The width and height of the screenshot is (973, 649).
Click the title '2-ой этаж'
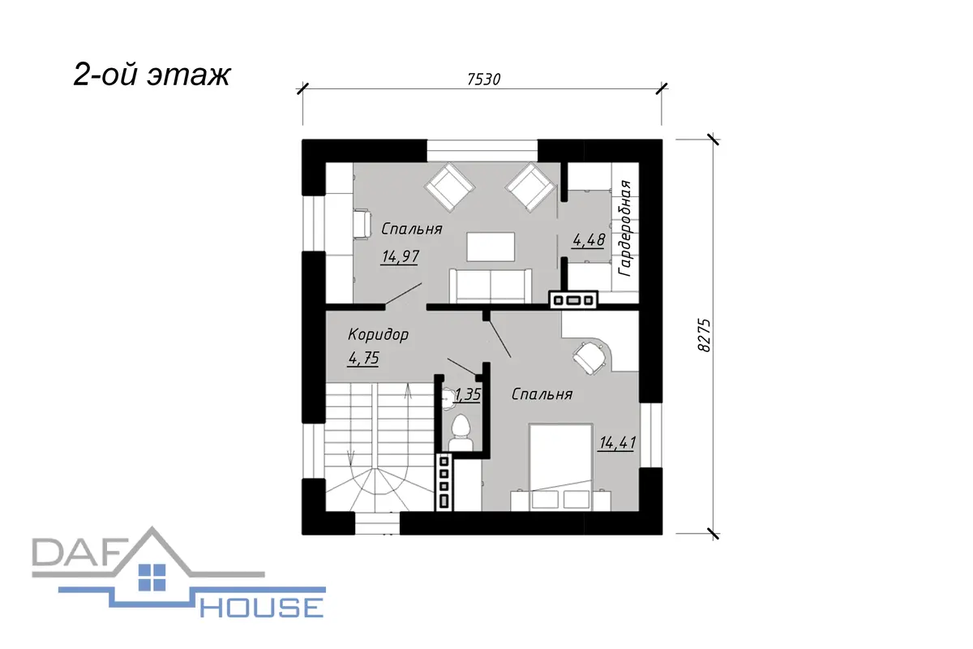[x=152, y=75]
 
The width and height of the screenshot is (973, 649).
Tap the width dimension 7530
[x=483, y=80]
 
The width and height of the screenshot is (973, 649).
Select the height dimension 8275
[x=705, y=335]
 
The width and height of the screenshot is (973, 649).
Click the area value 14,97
[x=400, y=256]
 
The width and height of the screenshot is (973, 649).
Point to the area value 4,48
[x=589, y=239]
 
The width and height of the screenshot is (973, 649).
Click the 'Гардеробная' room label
[x=625, y=228]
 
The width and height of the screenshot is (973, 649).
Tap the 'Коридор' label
[x=378, y=335]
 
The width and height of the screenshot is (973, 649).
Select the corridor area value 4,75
[x=363, y=359]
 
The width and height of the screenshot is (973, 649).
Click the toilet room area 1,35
[x=468, y=395]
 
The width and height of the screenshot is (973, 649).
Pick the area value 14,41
[x=617, y=443]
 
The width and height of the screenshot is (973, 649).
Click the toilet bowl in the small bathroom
[x=461, y=433]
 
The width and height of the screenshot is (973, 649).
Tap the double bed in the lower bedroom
[x=561, y=466]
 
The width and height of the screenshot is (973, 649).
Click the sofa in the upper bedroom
[x=491, y=286]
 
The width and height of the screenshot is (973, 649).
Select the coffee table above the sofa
[x=491, y=247]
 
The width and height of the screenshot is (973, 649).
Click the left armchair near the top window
[x=449, y=187]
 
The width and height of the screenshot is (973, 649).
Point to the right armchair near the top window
[x=530, y=187]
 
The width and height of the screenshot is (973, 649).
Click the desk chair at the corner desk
[x=589, y=357]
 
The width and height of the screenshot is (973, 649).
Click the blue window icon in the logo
[x=152, y=578]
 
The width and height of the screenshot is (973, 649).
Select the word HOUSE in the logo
[x=261, y=607]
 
